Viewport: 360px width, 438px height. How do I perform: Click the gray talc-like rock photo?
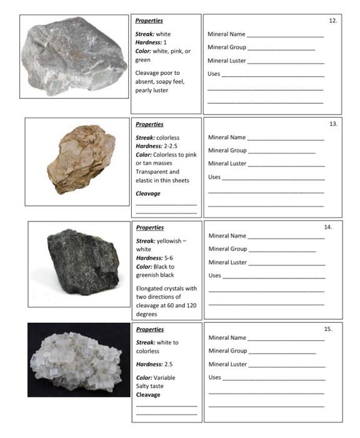point(74,57)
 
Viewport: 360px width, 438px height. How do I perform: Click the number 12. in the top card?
point(333,21)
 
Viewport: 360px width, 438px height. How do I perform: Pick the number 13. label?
point(333,124)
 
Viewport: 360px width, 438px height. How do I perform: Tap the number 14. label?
point(329,227)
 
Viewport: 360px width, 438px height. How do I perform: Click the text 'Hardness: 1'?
point(151,43)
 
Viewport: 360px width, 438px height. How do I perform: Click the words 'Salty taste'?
point(151,386)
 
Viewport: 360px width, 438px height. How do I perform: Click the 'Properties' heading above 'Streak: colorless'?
point(149,124)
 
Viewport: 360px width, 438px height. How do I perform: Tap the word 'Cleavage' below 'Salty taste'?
point(148,395)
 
